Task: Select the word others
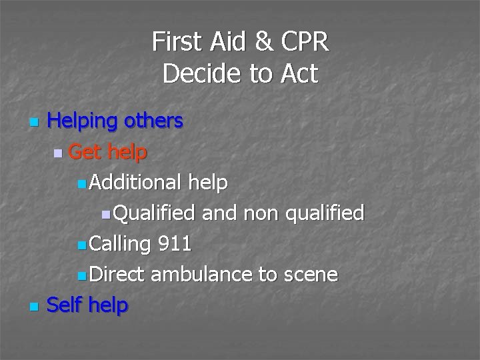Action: tap(155, 121)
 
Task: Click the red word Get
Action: tap(85, 152)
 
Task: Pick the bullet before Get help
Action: tap(59, 153)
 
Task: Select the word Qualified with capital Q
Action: tap(153, 213)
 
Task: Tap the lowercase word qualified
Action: tap(325, 213)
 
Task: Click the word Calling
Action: tap(120, 243)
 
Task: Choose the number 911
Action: tap(175, 243)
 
